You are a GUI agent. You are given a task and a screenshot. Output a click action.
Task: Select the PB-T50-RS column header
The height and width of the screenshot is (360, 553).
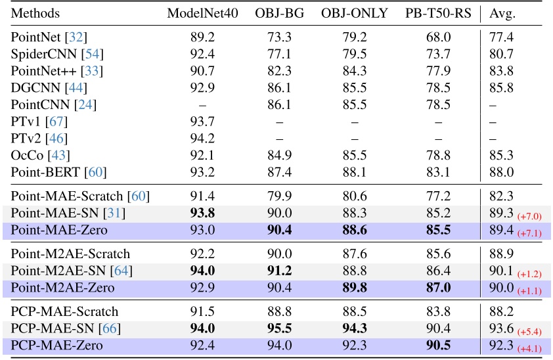[x=437, y=13]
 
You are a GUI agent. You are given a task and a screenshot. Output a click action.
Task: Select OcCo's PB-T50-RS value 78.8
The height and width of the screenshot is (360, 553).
[x=437, y=155]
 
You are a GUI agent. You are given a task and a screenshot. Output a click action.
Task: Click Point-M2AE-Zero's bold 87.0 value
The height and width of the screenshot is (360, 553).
[x=437, y=288]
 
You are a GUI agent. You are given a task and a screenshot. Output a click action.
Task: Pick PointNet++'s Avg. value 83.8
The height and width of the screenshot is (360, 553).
[x=501, y=70]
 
